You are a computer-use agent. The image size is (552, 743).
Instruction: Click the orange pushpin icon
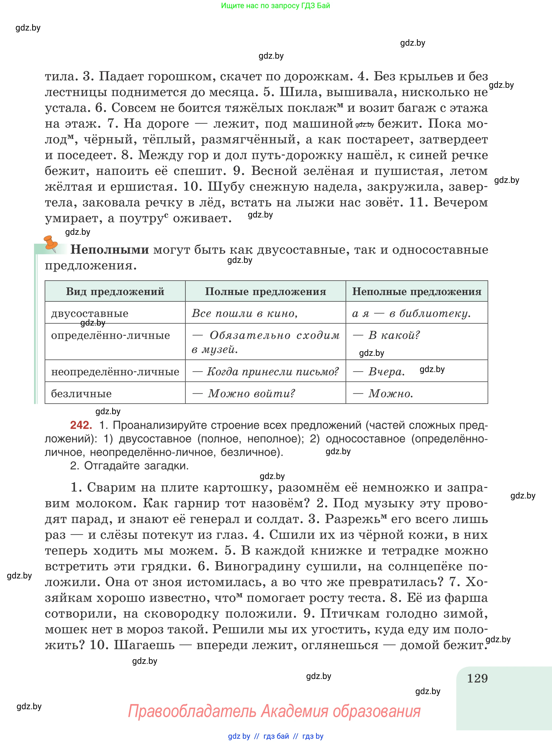click(51, 243)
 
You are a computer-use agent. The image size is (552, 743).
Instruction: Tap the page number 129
click(477, 678)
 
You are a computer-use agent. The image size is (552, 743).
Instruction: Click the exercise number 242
click(81, 425)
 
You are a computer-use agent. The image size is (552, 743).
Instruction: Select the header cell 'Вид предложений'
click(115, 291)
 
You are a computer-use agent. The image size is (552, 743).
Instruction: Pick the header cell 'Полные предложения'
click(265, 291)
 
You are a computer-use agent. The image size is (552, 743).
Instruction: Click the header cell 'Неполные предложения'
click(417, 291)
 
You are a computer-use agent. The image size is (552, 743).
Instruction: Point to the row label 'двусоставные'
click(89, 313)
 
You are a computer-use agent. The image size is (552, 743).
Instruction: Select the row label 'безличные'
click(81, 394)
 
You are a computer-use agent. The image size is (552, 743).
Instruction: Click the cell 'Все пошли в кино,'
click(245, 313)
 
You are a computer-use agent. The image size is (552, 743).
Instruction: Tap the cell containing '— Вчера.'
click(379, 371)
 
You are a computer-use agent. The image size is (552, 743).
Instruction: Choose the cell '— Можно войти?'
click(244, 394)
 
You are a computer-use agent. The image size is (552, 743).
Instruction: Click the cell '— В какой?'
click(387, 335)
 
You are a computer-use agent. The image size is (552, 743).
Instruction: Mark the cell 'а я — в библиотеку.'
click(411, 313)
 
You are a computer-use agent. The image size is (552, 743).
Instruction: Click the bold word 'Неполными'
click(110, 250)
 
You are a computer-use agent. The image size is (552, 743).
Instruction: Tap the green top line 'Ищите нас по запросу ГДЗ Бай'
click(275, 6)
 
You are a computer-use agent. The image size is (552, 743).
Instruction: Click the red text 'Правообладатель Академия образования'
click(274, 711)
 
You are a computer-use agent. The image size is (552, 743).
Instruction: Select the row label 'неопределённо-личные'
click(115, 371)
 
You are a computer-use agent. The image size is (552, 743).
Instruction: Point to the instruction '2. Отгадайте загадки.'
click(129, 465)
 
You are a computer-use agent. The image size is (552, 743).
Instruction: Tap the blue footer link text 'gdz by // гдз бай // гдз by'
click(275, 736)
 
